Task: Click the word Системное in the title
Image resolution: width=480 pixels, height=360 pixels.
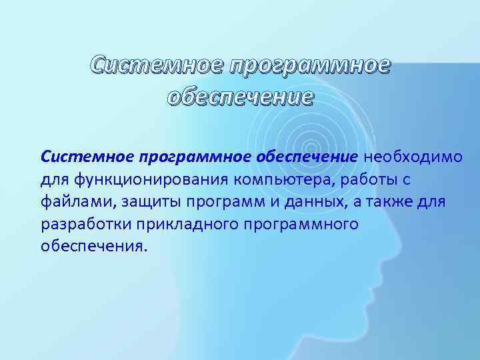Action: point(156,65)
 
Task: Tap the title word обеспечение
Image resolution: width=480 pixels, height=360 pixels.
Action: point(240,97)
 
